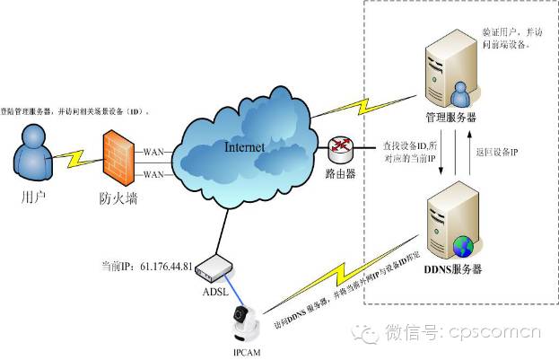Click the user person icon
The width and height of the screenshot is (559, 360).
coord(32,151)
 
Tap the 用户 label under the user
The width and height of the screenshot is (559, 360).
coord(33,192)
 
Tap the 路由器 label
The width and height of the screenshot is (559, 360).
coord(343,173)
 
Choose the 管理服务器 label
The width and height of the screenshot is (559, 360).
coord(450,118)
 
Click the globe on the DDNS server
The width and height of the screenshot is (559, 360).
coord(464,243)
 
